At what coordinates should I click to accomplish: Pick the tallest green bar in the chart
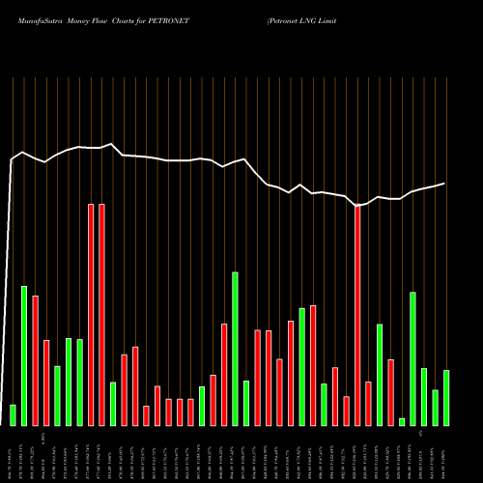click(x=235, y=349)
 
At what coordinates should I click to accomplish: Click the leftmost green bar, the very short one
click(x=13, y=414)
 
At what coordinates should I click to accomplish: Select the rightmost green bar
click(x=445, y=397)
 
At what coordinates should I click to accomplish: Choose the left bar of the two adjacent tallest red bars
click(x=91, y=315)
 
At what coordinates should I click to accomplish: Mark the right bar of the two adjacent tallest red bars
click(x=101, y=315)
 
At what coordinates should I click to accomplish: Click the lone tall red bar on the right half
click(x=357, y=315)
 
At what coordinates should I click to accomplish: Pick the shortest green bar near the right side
click(x=402, y=421)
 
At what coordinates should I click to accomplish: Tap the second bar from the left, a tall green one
click(x=24, y=355)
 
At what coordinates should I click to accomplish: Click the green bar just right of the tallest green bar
click(x=246, y=403)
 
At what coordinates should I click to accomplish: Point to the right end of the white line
click(x=445, y=184)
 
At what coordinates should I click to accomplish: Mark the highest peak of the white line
click(x=113, y=144)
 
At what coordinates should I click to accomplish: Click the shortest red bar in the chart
click(x=146, y=415)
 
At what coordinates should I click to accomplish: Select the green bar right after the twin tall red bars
click(x=113, y=404)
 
